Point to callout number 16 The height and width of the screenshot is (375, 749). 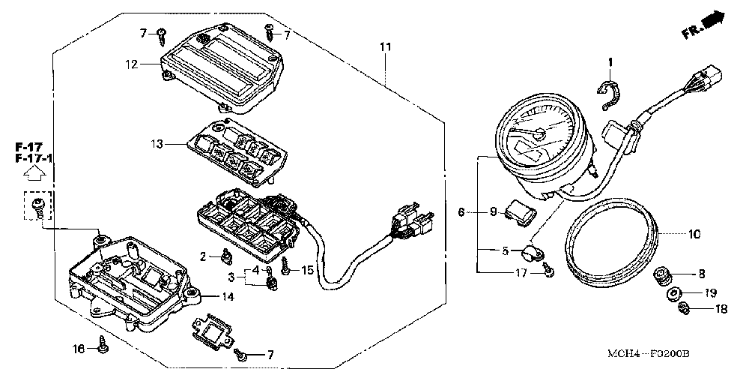coord(78,349)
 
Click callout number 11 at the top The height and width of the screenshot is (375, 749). coord(385,47)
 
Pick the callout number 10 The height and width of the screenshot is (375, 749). coord(694,234)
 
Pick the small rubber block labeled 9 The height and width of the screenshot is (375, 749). coord(518,212)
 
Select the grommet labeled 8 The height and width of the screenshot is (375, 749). coord(662,274)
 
